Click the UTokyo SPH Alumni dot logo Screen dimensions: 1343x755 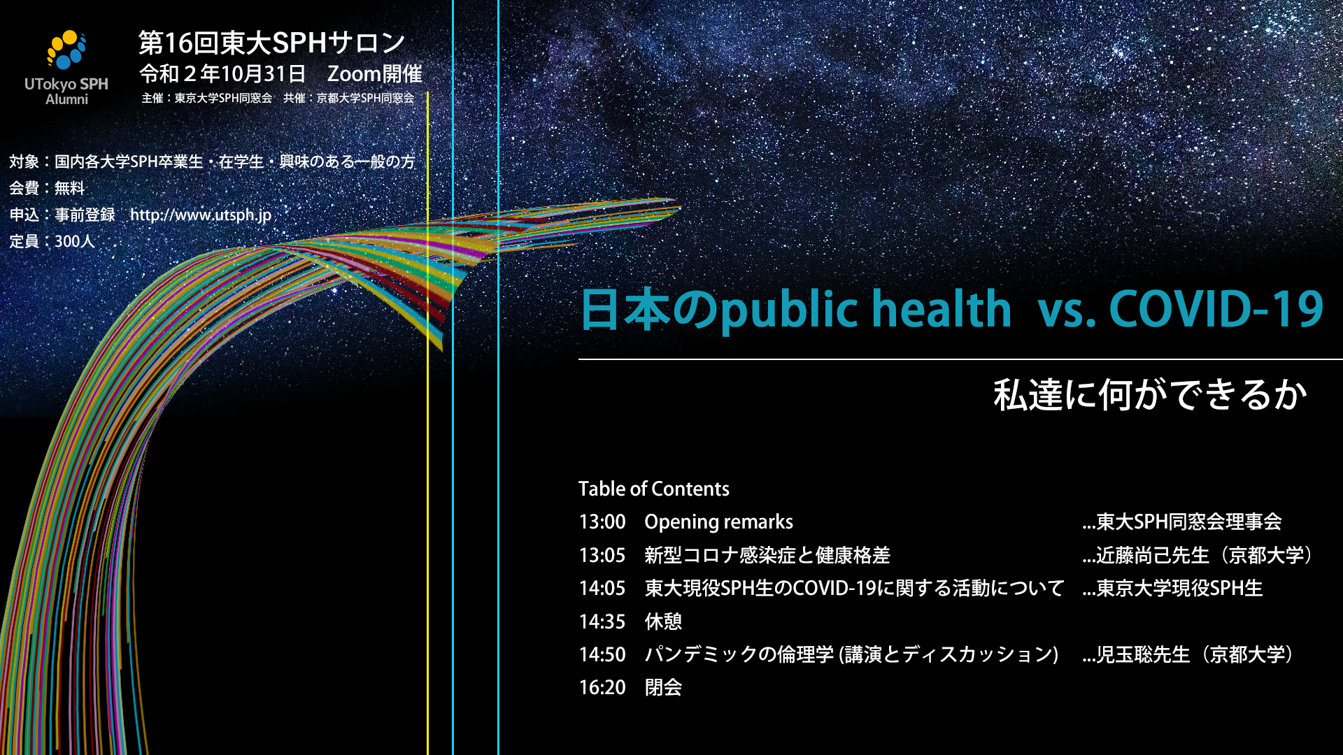point(66,50)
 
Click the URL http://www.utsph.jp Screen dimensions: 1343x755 point(201,215)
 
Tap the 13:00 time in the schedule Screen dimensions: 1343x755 point(602,522)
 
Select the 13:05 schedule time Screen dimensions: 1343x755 point(602,556)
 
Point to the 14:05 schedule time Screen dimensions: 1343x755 point(602,589)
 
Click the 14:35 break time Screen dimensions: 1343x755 point(602,621)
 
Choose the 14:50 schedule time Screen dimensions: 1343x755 point(602,655)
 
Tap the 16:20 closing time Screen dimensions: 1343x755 point(602,688)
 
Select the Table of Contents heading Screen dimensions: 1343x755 point(654,489)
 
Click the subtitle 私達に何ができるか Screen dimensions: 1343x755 point(1151,395)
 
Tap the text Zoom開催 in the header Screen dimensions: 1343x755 point(375,73)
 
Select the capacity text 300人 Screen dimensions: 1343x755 point(74,242)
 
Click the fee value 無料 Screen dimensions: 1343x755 point(69,188)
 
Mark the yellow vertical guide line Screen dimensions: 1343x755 point(427,423)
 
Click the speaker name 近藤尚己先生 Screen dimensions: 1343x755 point(1153,556)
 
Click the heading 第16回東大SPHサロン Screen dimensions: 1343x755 point(272,43)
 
